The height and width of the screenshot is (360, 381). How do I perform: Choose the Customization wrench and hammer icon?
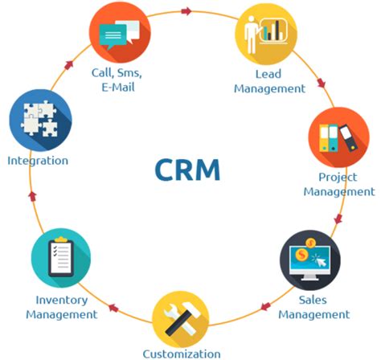(x=182, y=315)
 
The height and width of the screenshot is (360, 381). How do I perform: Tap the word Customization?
(x=182, y=353)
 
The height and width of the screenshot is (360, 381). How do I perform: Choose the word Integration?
(x=38, y=160)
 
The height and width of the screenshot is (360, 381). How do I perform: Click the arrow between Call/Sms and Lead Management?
(x=187, y=11)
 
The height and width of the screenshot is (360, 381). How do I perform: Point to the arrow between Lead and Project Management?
(x=322, y=83)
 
